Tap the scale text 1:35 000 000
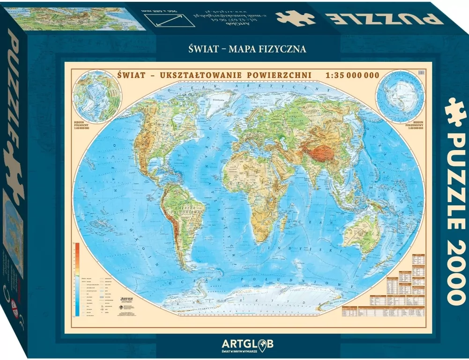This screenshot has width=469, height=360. (x=352, y=75)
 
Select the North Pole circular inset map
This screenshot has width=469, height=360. (x=96, y=96)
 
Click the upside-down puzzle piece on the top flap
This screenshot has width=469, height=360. (x=296, y=16)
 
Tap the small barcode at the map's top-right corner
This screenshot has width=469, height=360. (x=419, y=73)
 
